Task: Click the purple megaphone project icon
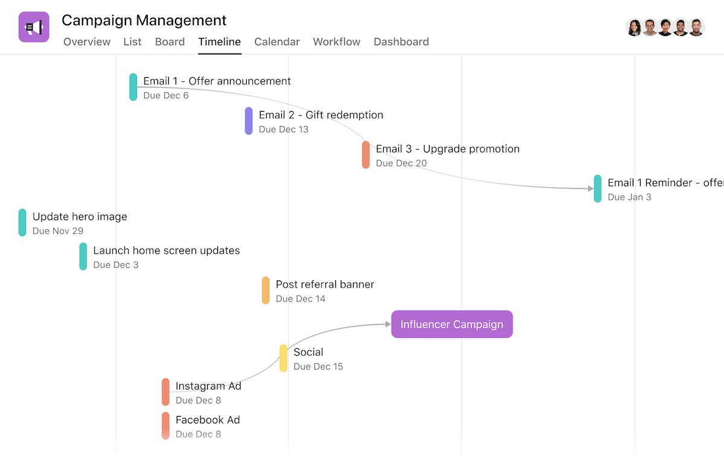(34, 27)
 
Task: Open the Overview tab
(87, 42)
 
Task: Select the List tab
(133, 42)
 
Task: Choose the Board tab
(170, 42)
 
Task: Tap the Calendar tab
(277, 42)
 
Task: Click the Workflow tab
(337, 42)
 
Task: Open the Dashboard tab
(401, 42)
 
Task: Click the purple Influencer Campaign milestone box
(452, 324)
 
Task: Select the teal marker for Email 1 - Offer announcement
(133, 87)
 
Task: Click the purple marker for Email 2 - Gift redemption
(249, 121)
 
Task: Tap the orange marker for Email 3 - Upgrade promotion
(366, 155)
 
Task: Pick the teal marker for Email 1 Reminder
(598, 189)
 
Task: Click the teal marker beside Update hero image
(22, 223)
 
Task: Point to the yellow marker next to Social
(284, 358)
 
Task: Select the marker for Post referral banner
(265, 290)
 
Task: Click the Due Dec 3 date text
(116, 265)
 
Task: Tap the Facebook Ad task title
(208, 420)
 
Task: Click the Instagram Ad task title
(209, 386)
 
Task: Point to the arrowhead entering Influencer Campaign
(388, 324)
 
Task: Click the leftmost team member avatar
(634, 28)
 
